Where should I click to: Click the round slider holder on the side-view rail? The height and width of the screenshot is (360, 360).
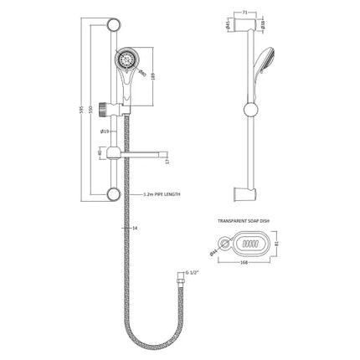[x=249, y=109]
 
